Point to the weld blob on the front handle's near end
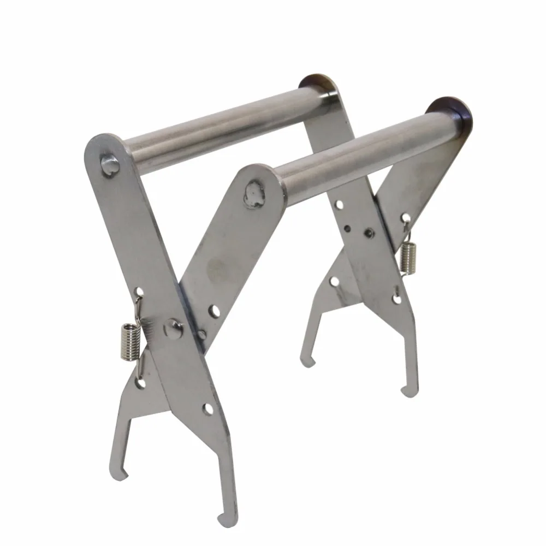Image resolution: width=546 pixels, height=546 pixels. pyautogui.click(x=253, y=194)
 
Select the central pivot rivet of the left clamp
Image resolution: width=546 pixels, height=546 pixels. pyautogui.click(x=174, y=329)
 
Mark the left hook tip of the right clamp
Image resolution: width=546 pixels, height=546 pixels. pyautogui.click(x=309, y=362)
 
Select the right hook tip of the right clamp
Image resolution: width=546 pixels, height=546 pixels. pyautogui.click(x=404, y=392)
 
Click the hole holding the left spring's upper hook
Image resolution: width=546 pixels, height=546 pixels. pyautogui.click(x=140, y=293)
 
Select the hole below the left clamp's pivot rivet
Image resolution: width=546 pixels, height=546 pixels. pyautogui.click(x=208, y=408)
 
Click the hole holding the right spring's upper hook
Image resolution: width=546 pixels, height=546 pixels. pyautogui.click(x=406, y=218)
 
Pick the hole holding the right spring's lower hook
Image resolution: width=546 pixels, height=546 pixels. pyautogui.click(x=397, y=298)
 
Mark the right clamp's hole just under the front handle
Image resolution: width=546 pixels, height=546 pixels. pyautogui.click(x=339, y=205)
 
